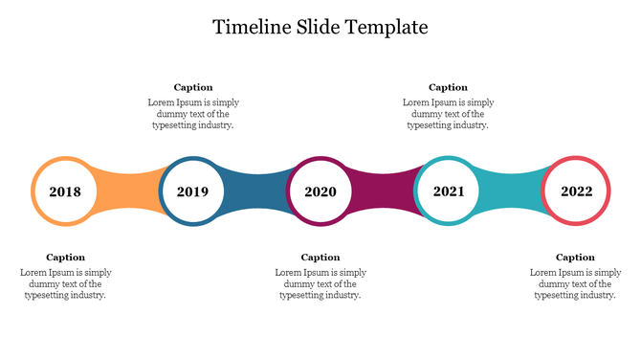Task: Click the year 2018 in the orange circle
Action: (65, 191)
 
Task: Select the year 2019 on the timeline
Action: (192, 191)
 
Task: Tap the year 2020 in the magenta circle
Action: (320, 191)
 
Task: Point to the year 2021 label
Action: (449, 191)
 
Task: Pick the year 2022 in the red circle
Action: (576, 191)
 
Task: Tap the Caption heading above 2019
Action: (193, 87)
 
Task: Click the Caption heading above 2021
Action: (448, 87)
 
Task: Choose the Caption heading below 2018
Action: (65, 257)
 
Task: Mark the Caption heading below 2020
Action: (320, 257)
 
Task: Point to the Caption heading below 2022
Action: (575, 257)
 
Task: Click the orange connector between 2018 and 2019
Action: (128, 191)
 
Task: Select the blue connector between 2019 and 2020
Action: (256, 191)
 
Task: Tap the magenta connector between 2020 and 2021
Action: (384, 191)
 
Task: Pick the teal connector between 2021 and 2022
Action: (512, 191)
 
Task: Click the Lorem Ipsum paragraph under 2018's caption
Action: (65, 283)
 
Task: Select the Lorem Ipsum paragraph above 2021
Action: (448, 113)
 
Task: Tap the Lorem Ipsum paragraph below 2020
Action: (320, 283)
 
